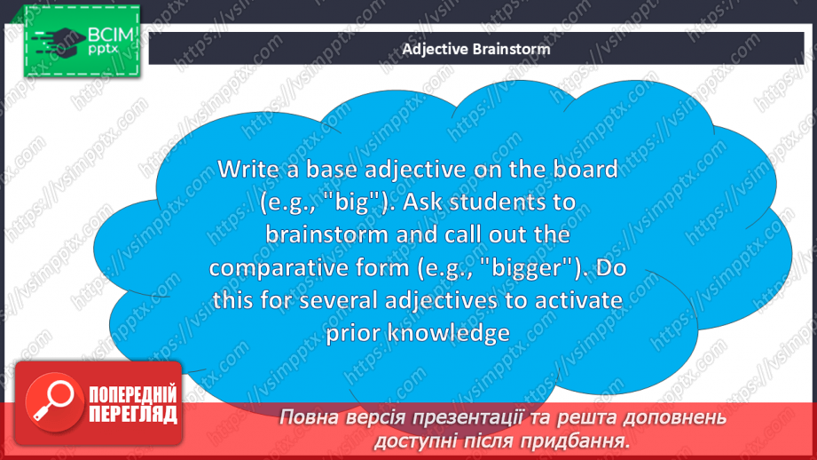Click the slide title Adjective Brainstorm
(476, 49)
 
